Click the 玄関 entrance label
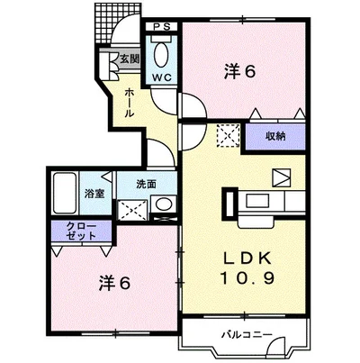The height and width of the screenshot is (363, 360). point(130,59)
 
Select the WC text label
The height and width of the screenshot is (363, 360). point(161,78)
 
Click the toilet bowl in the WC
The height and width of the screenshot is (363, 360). point(162,55)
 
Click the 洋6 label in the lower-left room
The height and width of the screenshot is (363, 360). point(114,282)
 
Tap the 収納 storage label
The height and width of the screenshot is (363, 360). point(275,136)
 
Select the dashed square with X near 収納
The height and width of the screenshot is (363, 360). point(228,136)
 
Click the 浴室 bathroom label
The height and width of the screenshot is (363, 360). point(94,193)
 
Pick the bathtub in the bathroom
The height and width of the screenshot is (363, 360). point(67,190)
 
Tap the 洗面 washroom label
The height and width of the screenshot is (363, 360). point(146,184)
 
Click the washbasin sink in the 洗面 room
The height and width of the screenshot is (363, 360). point(164,206)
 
